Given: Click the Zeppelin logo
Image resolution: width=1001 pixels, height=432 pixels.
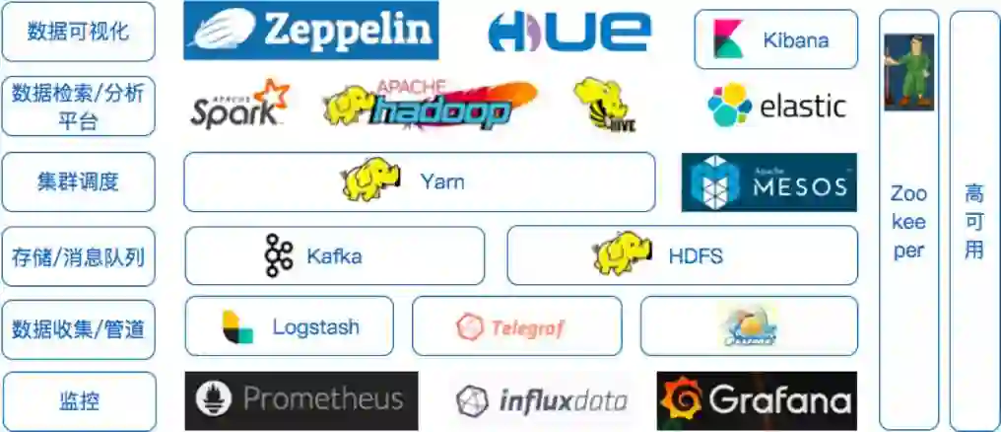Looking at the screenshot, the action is (x=310, y=30).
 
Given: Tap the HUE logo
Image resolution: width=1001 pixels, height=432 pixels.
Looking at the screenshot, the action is (x=568, y=32).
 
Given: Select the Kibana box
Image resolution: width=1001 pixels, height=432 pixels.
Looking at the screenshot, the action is (x=775, y=39).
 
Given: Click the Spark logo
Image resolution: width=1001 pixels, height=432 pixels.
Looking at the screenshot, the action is (x=239, y=104).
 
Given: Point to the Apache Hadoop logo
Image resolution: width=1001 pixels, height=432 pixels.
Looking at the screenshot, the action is (x=430, y=105).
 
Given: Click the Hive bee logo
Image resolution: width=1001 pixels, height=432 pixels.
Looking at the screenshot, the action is (x=603, y=104).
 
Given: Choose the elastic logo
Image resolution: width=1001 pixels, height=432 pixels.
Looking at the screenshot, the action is (x=776, y=105).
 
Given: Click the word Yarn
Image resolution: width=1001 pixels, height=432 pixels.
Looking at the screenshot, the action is (x=441, y=181).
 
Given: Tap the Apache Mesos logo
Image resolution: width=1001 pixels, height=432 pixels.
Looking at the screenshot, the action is (x=768, y=182).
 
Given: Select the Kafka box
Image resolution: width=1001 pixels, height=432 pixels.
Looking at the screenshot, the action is (x=334, y=256).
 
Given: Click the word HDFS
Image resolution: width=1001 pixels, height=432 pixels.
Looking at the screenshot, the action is (x=696, y=256).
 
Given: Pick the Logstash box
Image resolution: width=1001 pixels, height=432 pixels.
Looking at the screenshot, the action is (x=289, y=326).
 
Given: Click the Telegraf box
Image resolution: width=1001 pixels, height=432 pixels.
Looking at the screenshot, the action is (x=516, y=326).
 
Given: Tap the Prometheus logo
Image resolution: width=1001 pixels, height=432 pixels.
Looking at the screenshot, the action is (x=300, y=400).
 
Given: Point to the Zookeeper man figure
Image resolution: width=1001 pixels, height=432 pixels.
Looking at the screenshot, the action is (x=907, y=72).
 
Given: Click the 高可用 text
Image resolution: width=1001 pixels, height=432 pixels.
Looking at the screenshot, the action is (x=973, y=220).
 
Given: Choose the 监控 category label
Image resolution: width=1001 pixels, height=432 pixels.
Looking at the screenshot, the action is (x=78, y=401).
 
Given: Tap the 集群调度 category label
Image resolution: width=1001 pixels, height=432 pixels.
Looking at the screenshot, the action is (x=78, y=181).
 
